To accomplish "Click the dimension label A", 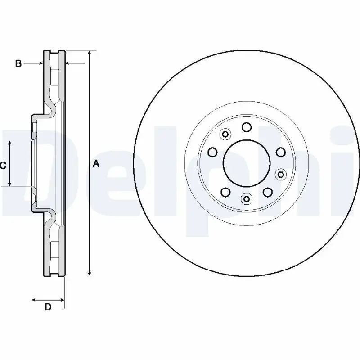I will tap(95, 165).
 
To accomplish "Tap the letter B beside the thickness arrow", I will tap(18, 64).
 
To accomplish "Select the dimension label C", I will tap(3, 166).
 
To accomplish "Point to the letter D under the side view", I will tap(48, 307).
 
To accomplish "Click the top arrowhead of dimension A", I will tap(90, 54).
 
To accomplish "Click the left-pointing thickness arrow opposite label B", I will tap(75, 64).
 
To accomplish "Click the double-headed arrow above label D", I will tap(48, 299).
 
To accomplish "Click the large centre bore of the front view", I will tap(247, 162).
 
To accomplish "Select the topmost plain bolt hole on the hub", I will tap(246, 127).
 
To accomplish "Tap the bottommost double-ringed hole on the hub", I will tap(246, 198).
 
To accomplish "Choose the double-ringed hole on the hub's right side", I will tap(281, 174).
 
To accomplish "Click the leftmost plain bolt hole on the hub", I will tap(213, 152).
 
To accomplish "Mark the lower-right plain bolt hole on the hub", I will tap(267, 193).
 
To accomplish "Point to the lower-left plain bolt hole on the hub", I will tap(225, 193).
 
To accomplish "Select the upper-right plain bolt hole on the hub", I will tap(280, 152).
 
